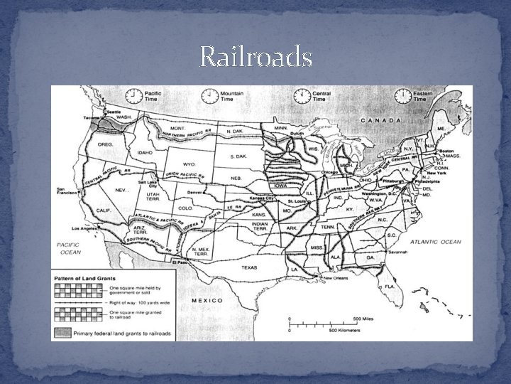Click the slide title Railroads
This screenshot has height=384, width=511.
(x=255, y=56)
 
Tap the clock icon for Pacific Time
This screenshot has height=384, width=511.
(x=132, y=96)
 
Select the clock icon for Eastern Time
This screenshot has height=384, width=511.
(x=402, y=96)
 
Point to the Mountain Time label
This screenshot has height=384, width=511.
(x=232, y=96)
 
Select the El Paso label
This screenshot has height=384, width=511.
(x=182, y=263)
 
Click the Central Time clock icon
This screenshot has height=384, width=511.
(x=302, y=96)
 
